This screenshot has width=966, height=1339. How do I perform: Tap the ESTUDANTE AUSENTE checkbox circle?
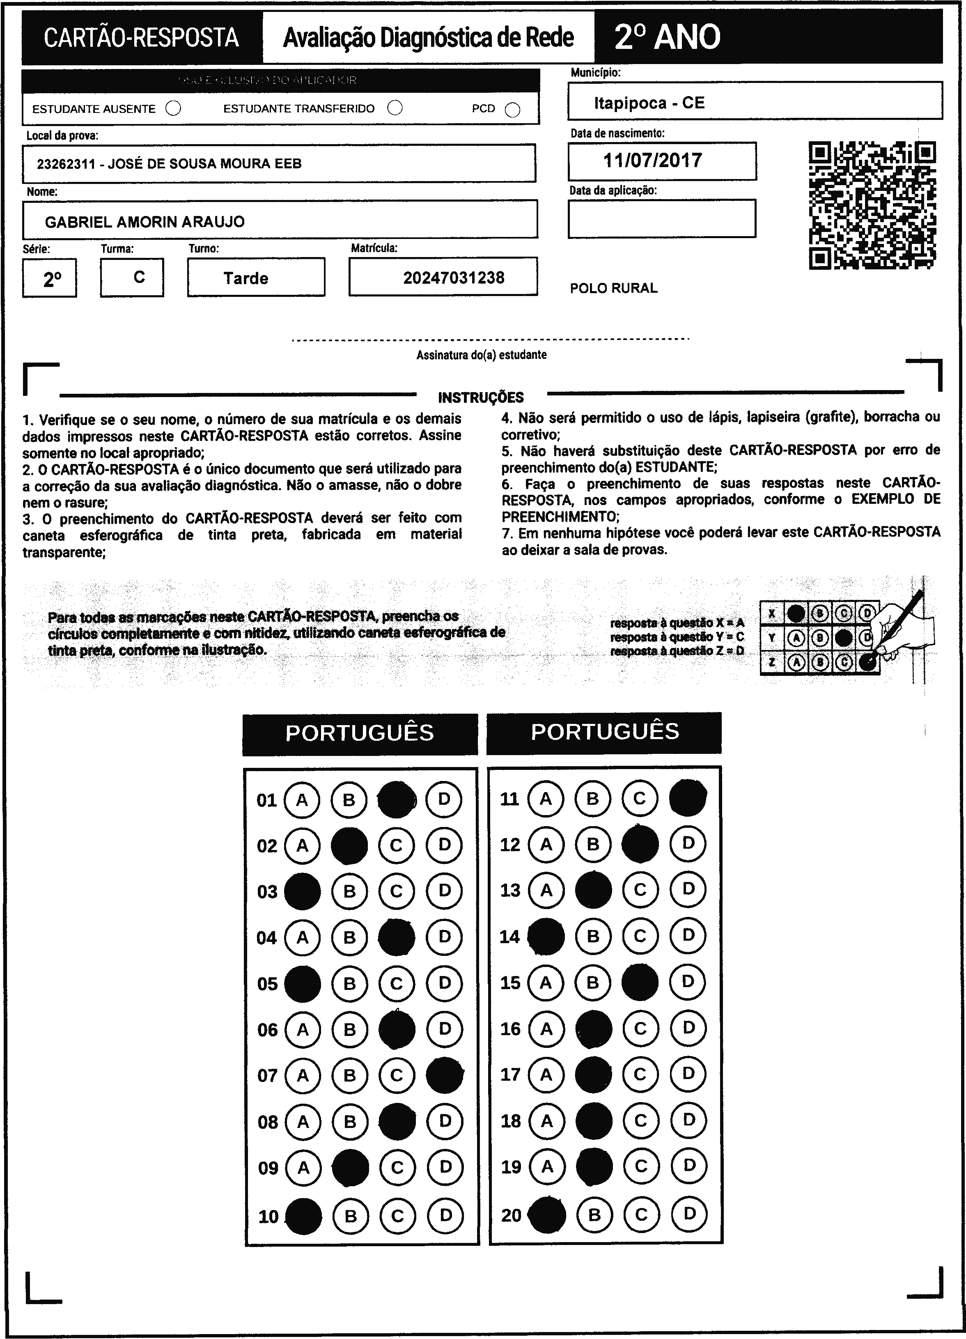click(174, 109)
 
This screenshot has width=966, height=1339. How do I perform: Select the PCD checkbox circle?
click(512, 110)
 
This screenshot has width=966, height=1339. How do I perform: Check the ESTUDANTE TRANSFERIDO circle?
click(395, 108)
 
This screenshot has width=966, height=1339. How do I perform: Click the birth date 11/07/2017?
click(652, 161)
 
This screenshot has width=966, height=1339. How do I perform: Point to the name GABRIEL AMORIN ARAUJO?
click(145, 222)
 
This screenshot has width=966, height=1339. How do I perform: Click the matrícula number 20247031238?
click(454, 278)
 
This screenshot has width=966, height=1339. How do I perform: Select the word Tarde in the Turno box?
click(246, 278)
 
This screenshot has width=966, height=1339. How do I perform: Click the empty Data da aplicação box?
click(661, 218)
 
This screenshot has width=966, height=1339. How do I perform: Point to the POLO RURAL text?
click(613, 288)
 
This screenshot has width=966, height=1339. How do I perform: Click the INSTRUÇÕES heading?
click(481, 397)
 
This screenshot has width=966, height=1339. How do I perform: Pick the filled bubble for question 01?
click(396, 799)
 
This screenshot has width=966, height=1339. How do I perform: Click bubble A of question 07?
click(303, 1075)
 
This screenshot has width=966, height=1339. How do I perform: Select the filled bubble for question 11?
click(687, 798)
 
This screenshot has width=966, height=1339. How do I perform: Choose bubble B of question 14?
click(593, 936)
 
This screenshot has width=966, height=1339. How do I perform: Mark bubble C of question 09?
click(397, 1167)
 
